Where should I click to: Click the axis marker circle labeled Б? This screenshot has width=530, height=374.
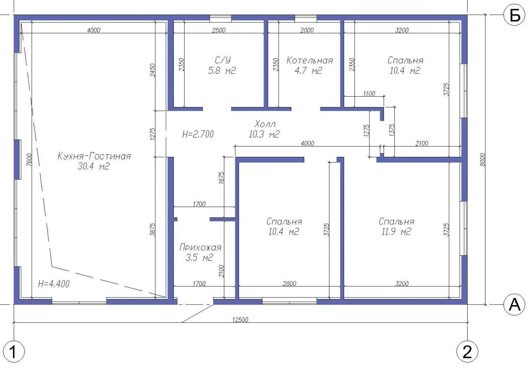click(515, 15)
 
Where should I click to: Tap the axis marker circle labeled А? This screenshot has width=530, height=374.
click(515, 304)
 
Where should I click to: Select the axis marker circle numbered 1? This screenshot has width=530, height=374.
click(14, 351)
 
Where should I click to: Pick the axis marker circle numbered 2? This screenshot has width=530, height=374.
click(467, 351)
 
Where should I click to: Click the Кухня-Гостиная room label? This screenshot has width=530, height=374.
click(94, 157)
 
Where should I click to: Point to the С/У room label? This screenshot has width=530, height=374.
click(222, 60)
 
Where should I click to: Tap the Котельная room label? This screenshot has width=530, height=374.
click(310, 61)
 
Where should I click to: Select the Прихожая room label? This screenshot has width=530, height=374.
click(200, 247)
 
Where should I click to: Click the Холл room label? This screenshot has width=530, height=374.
click(265, 124)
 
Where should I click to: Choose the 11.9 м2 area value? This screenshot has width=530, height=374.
click(396, 232)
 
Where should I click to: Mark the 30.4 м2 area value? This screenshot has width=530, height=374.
click(94, 167)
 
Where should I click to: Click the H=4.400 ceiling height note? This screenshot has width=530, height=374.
click(54, 284)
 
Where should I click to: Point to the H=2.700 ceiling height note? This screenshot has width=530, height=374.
click(198, 134)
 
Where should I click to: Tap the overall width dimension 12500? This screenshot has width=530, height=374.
click(240, 320)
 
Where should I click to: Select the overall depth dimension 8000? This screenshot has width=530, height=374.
click(483, 160)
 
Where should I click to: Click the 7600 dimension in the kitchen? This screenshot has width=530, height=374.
click(29, 160)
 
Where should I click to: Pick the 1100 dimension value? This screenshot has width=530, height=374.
click(369, 94)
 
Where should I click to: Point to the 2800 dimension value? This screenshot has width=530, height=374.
click(289, 284)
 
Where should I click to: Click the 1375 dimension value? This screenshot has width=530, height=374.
click(392, 130)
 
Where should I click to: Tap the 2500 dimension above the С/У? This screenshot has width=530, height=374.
click(219, 30)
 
